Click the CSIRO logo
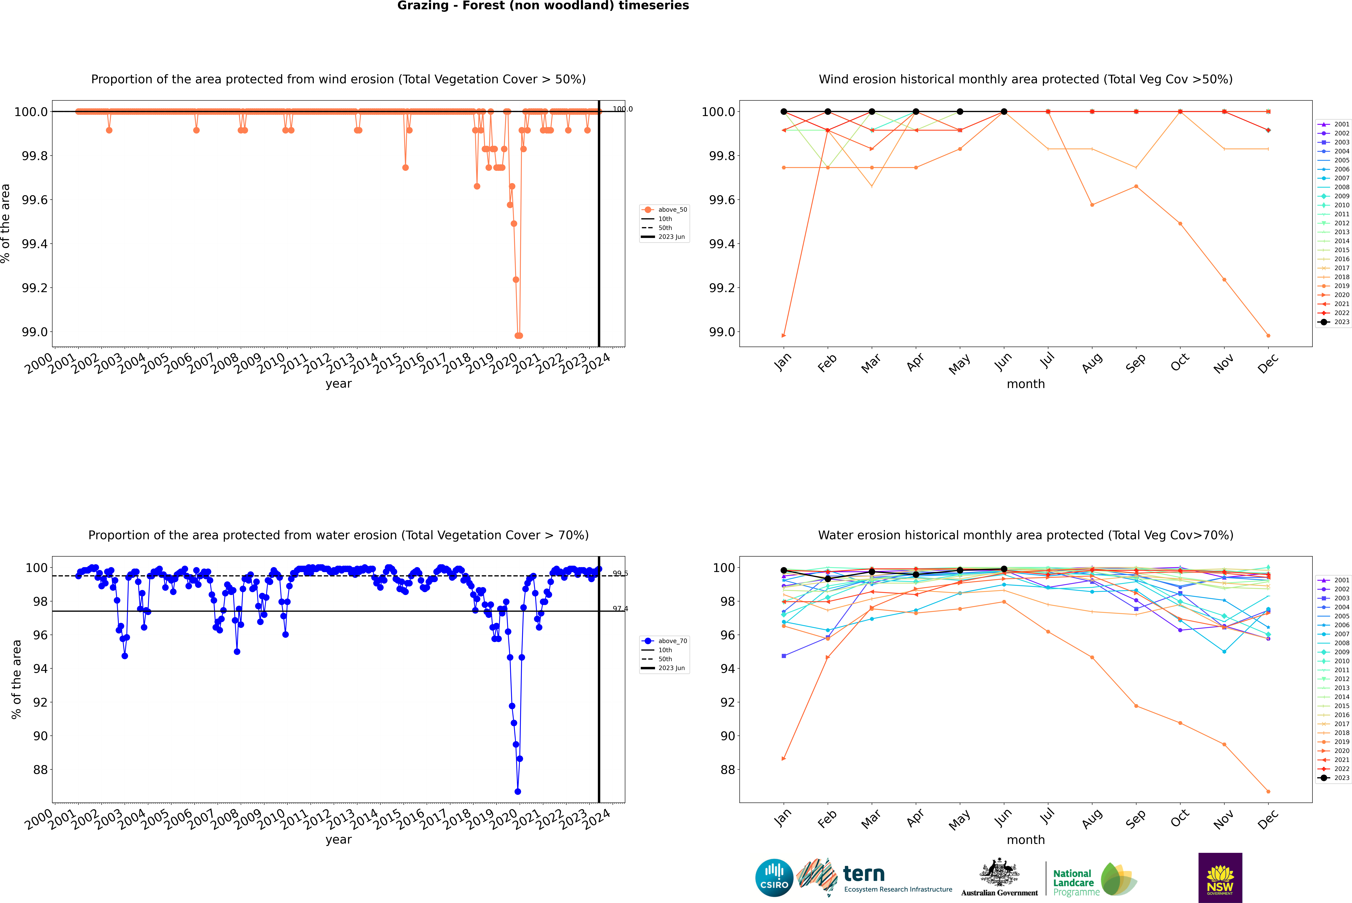tap(774, 878)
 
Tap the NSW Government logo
tap(1220, 878)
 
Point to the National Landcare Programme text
tap(1073, 882)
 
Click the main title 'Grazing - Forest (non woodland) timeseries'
tap(543, 6)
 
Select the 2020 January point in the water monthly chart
tap(784, 759)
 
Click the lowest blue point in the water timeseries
tap(517, 791)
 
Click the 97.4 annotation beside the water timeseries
tap(620, 609)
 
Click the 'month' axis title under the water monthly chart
tap(1025, 840)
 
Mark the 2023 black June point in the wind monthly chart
tap(1004, 112)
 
